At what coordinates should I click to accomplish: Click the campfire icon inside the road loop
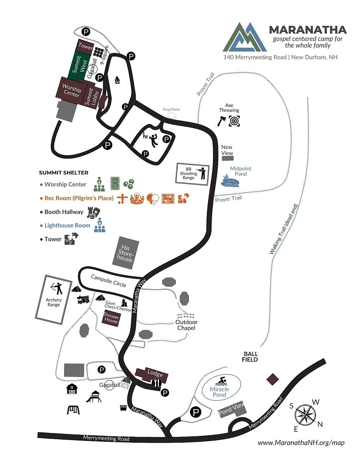point(117,80)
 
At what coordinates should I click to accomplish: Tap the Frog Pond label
point(171,110)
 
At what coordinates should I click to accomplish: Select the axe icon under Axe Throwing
point(221,121)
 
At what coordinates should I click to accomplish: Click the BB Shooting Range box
point(192,173)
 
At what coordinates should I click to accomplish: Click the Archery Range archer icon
point(57,288)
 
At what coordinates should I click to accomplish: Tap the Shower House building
point(111,318)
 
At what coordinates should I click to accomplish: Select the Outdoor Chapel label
point(186,325)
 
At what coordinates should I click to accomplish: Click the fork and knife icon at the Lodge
point(156,383)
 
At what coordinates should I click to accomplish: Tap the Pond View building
point(232,410)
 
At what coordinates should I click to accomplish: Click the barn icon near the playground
point(72,389)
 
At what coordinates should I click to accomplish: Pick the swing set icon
point(73,410)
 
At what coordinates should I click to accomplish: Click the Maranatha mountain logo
point(245,37)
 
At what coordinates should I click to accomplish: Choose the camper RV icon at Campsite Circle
point(83,300)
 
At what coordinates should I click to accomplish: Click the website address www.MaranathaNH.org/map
point(301,443)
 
